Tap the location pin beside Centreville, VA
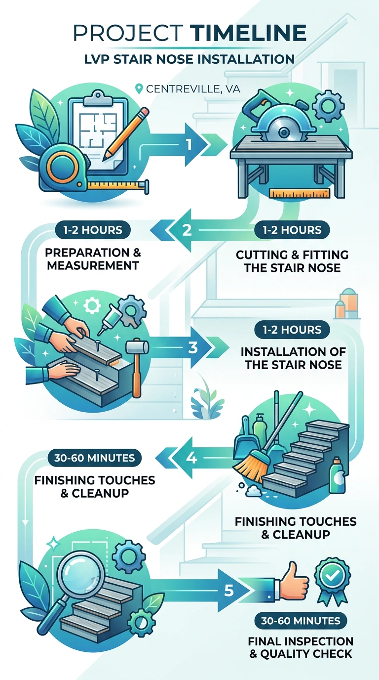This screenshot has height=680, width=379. click(139, 89)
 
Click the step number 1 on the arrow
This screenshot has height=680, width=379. click(189, 145)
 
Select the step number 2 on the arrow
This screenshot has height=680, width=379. click(187, 230)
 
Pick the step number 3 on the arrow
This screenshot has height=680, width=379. click(193, 348)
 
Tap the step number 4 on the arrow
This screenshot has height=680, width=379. click(191, 458)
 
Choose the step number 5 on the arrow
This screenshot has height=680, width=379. click(229, 591)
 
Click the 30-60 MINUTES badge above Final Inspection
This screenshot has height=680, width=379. click(301, 621)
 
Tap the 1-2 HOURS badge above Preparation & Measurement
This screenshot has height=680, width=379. click(93, 230)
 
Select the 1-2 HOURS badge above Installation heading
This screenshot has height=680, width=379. click(292, 330)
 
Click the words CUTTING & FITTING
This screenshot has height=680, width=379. click(292, 255)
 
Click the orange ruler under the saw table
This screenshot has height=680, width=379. click(300, 193)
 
